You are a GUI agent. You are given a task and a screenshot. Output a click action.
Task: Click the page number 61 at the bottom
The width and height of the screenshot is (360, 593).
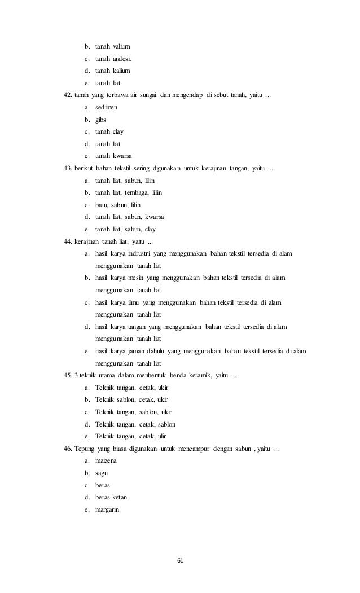pos(181,560)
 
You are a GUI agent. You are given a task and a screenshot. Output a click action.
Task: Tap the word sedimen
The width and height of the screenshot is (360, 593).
pos(107,107)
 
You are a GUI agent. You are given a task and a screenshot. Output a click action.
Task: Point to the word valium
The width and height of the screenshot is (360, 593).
pos(121,45)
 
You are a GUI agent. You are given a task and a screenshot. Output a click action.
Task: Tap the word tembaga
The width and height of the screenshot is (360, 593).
pos(136,194)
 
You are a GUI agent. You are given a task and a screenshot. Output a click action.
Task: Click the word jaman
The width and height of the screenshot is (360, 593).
pos(135,351)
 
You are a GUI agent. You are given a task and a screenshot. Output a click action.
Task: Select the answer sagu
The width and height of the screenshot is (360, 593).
pos(102,473)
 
